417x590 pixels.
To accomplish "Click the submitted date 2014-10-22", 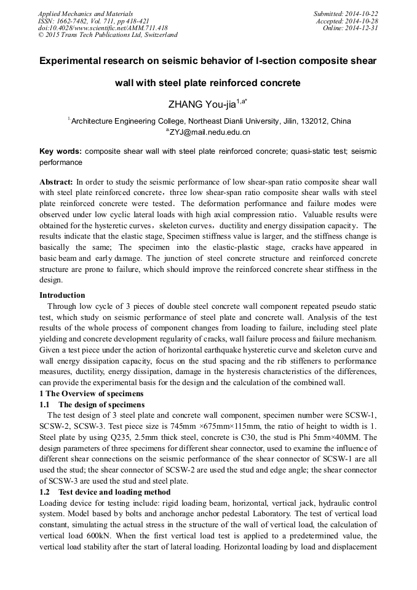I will (x=362, y=14).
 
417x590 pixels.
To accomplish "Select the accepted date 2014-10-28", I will (x=363, y=21).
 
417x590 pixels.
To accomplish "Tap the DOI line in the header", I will (x=103, y=28).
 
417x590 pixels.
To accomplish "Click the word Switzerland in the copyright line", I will (x=155, y=35).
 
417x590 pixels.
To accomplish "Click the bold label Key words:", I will (x=60, y=151).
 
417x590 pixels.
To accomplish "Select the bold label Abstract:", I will (x=56, y=182).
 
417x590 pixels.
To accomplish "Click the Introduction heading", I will (x=62, y=295).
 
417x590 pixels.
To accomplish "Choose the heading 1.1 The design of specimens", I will (x=92, y=404).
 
